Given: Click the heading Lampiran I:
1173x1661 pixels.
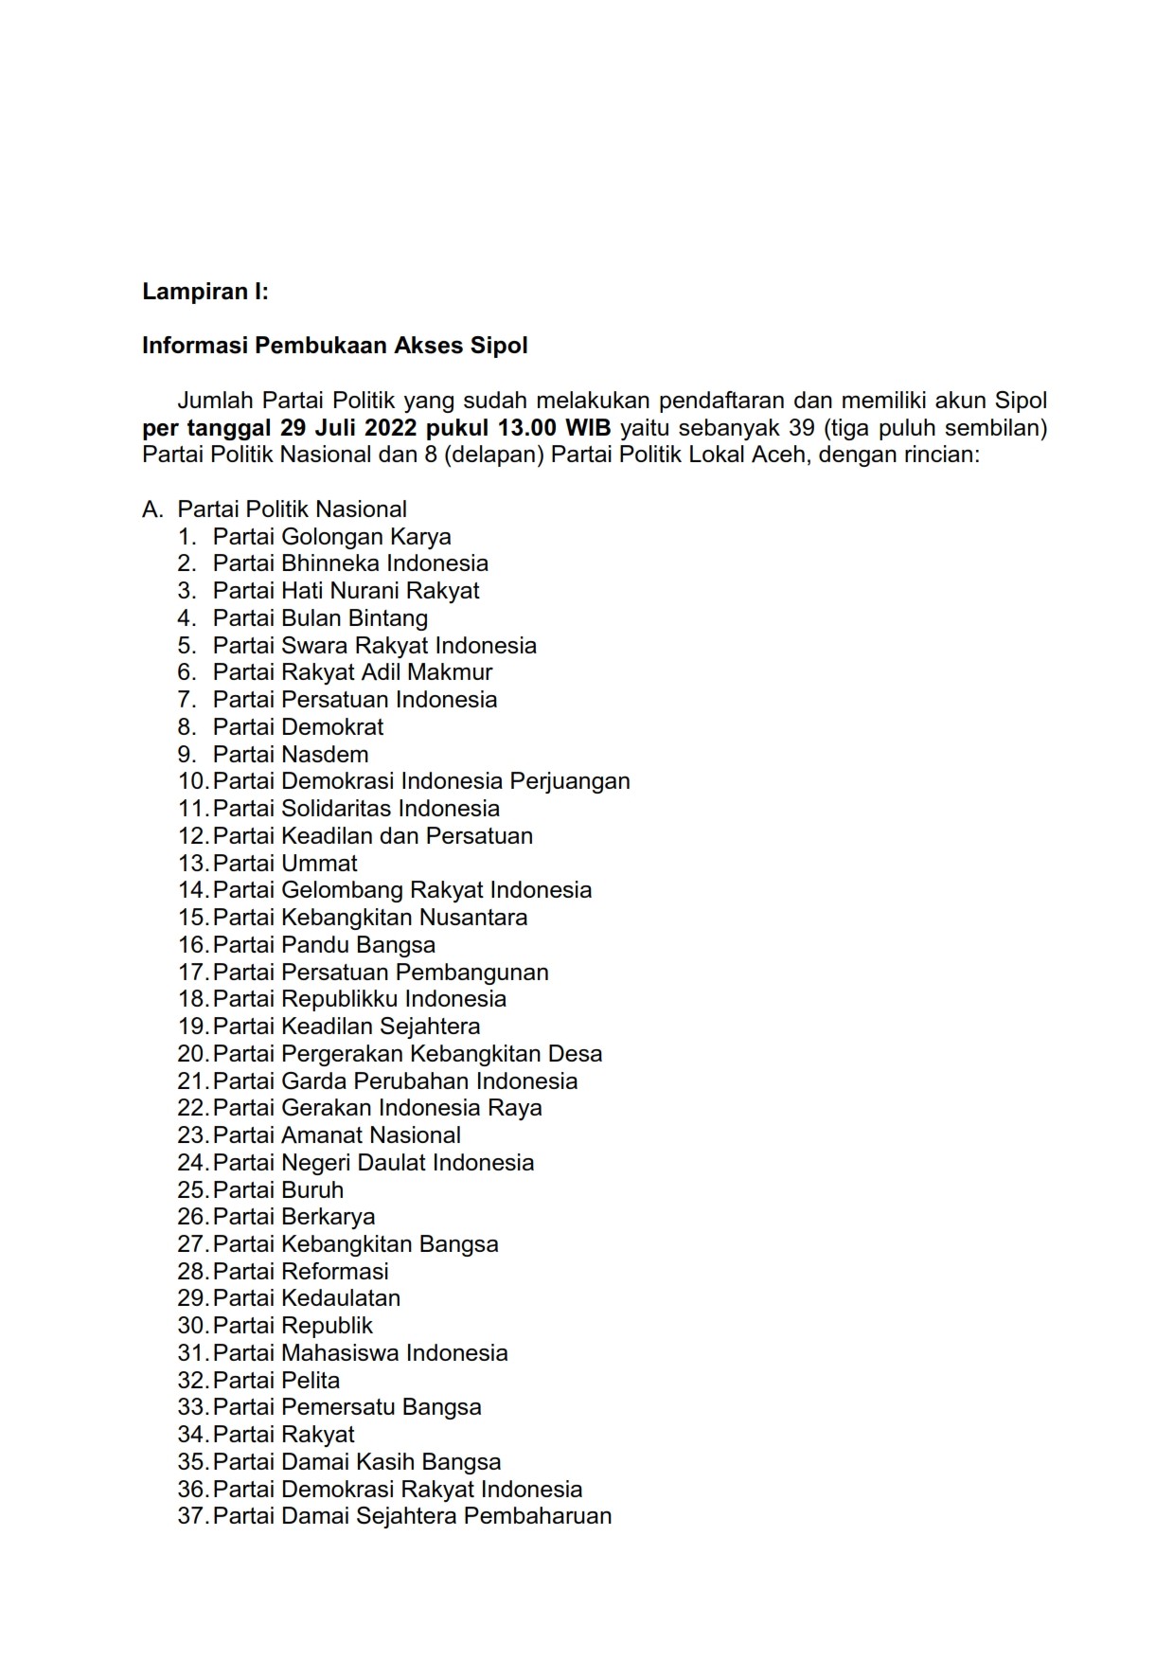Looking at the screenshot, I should [205, 292].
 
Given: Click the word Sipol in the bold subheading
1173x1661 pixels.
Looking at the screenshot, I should [499, 346].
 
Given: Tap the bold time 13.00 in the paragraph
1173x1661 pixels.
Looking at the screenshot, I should [521, 428].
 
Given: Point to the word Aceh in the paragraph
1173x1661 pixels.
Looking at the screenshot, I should [780, 455].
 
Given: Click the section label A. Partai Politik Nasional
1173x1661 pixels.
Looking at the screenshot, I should [275, 509].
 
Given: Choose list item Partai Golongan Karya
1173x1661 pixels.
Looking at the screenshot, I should [331, 537].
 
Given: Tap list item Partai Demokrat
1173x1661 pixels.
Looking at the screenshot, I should [298, 727].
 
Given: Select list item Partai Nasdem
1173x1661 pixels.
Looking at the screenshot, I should [291, 755].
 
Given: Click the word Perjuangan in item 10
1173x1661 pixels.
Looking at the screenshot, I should [570, 781].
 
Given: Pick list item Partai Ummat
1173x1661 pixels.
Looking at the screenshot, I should [285, 864].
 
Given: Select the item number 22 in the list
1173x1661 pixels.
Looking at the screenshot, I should [192, 1108].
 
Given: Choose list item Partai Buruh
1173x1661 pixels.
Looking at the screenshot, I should [277, 1190].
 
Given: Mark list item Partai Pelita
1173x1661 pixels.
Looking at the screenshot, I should [275, 1381].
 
